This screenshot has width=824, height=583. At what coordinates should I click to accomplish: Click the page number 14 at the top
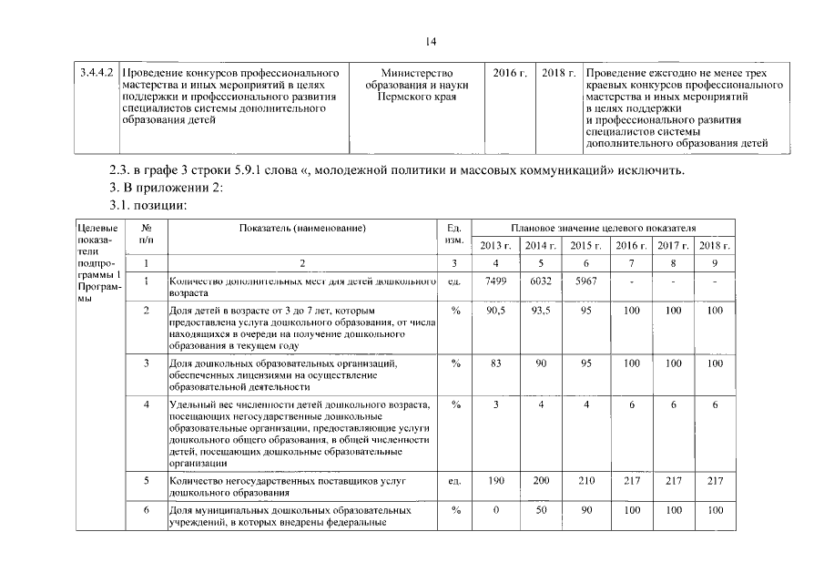tap(432, 40)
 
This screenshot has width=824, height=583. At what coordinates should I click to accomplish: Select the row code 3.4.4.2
tap(94, 72)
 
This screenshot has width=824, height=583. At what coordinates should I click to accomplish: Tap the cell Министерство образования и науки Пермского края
tap(418, 84)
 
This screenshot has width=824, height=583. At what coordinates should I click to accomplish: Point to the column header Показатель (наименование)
tap(303, 228)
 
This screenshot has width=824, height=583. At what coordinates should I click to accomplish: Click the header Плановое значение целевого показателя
tap(603, 228)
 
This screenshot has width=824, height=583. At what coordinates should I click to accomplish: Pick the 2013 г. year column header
tap(495, 246)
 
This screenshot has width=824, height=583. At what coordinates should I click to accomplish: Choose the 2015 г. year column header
tap(586, 246)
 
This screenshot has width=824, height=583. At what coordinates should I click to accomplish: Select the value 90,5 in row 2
tap(495, 311)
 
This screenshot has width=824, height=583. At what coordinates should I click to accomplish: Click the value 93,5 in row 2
tap(541, 311)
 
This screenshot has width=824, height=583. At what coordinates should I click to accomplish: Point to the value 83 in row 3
tap(495, 363)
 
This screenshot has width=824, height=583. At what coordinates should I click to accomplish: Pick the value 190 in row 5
tap(495, 480)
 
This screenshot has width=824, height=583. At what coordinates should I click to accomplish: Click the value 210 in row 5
tap(586, 480)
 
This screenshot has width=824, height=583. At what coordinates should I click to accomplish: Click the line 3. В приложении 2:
tap(160, 188)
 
